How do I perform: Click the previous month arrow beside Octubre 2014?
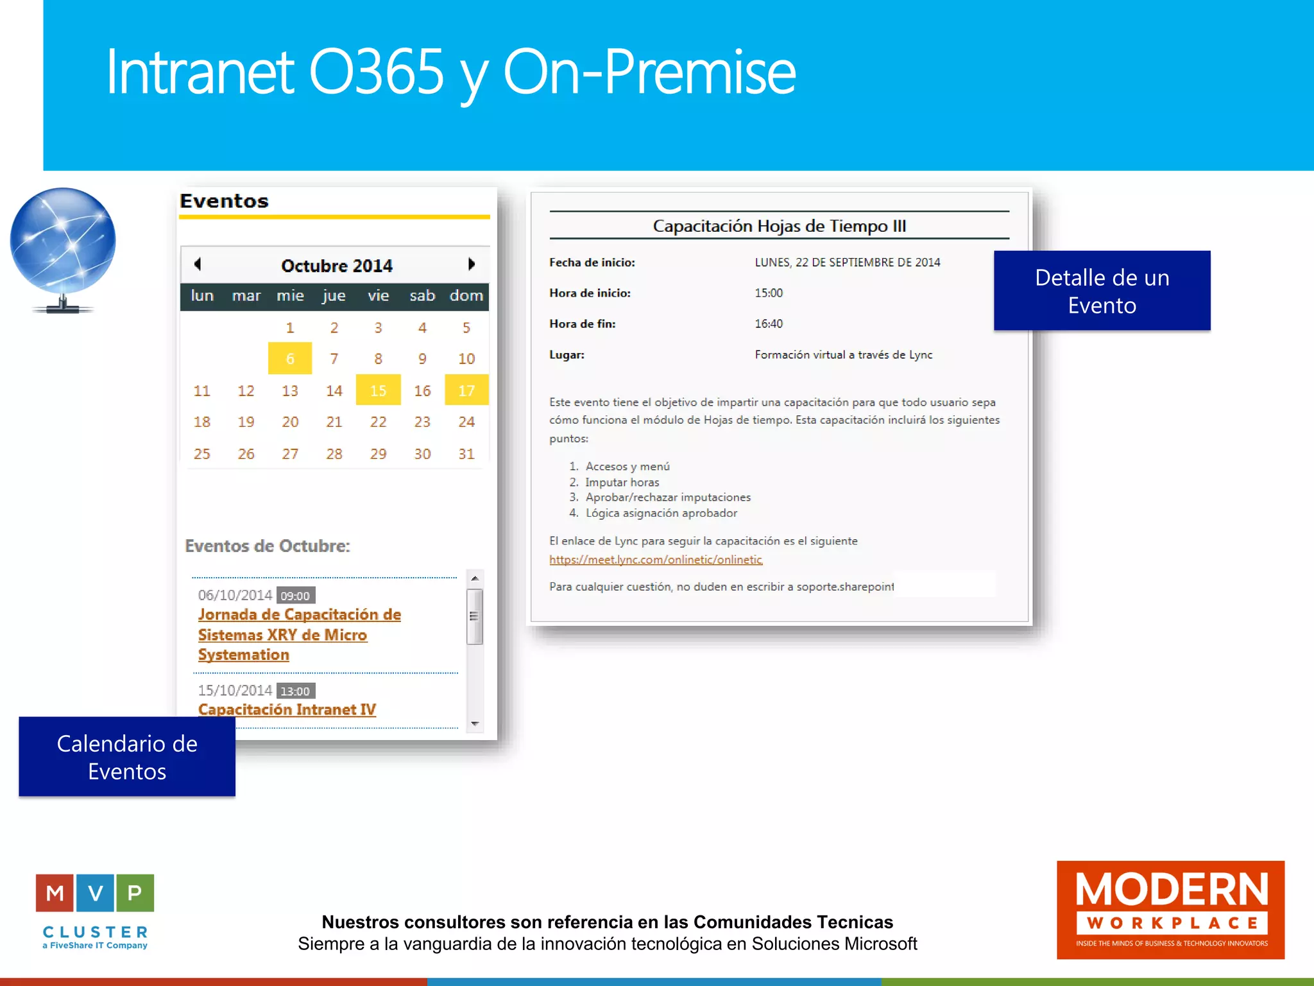[198, 264]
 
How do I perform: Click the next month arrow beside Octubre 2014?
[472, 264]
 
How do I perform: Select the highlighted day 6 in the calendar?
[290, 358]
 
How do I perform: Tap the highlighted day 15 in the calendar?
[378, 390]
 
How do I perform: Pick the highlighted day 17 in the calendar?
[466, 390]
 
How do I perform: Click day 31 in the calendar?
[466, 454]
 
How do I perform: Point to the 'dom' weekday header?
[466, 295]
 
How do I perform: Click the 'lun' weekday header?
[202, 295]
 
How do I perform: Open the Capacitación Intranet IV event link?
[287, 709]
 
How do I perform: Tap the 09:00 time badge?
[295, 596]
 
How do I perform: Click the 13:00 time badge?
[295, 691]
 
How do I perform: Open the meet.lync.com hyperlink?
[656, 559]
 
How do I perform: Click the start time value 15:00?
[769, 293]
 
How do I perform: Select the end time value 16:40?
[769, 324]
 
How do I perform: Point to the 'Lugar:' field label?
[567, 354]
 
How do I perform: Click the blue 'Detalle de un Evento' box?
[1102, 291]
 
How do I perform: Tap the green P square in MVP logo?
[135, 892]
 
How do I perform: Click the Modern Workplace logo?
[1170, 910]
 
